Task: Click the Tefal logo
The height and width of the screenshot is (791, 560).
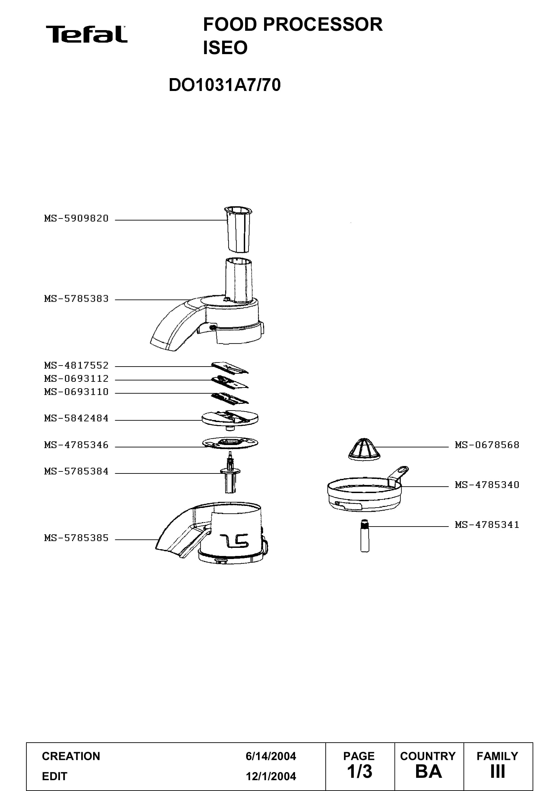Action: [x=87, y=34]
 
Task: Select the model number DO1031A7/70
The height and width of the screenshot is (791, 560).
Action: [x=224, y=85]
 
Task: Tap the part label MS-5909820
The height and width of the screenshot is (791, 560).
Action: [x=76, y=218]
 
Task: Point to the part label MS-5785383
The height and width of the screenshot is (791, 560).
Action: [x=76, y=299]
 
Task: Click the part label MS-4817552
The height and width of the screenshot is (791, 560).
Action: [x=76, y=365]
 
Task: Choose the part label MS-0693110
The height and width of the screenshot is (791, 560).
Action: [x=76, y=392]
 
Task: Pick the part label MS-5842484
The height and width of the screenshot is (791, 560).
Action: [x=76, y=418]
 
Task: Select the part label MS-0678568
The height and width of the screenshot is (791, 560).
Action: [x=487, y=445]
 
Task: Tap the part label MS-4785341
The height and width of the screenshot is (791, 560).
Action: [x=487, y=525]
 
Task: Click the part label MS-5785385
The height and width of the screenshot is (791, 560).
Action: [x=76, y=538]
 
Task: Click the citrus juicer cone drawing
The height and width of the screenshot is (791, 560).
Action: [x=365, y=449]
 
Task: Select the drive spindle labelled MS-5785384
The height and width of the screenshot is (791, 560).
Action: [x=230, y=472]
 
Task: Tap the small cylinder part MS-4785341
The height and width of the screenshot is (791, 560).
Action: [x=365, y=536]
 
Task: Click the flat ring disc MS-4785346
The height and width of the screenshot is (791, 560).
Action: [x=230, y=443]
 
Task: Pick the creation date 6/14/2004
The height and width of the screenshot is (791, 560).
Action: [x=271, y=756]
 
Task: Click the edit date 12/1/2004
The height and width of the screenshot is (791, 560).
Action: [x=271, y=776]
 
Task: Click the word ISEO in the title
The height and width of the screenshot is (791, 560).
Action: [x=225, y=48]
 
